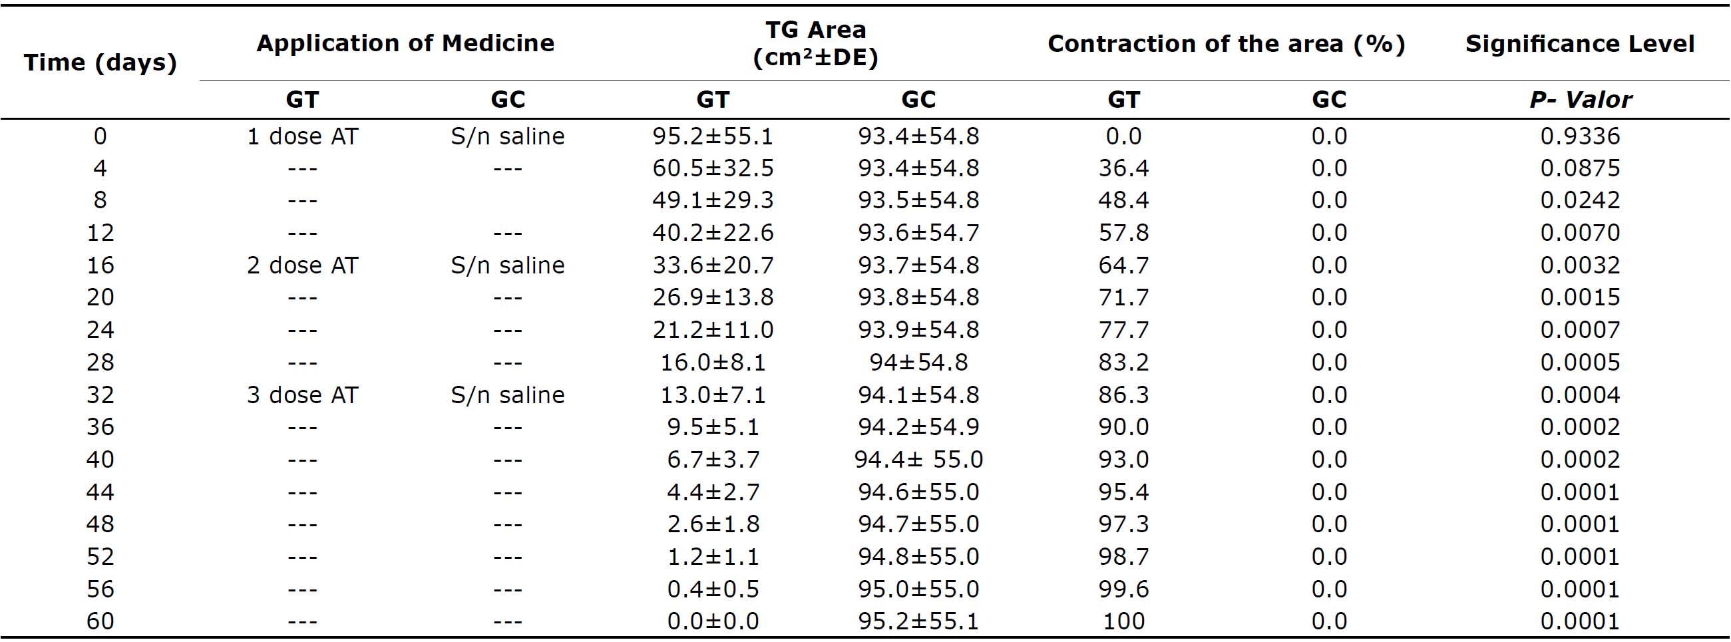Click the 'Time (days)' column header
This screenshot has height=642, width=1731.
100,63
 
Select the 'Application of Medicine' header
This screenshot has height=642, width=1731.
405,43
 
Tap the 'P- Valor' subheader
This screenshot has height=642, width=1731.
1580,99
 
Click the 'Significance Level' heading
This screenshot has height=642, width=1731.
1580,44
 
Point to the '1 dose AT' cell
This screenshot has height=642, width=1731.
302,136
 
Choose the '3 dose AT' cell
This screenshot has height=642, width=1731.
302,395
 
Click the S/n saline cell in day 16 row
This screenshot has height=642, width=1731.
507,265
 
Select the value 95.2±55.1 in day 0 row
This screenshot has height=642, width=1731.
713,136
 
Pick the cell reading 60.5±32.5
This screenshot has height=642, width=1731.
713,168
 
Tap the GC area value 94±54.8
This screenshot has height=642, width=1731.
918,363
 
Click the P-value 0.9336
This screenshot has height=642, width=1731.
1580,136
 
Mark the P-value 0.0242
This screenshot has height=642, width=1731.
1580,200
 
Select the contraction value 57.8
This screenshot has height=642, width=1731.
1123,233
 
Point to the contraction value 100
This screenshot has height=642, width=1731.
1123,621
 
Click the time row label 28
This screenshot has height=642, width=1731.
100,363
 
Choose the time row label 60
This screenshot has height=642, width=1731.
100,621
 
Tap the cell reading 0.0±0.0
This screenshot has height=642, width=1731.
713,621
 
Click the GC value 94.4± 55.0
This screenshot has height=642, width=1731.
918,460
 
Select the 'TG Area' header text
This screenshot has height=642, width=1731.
816,30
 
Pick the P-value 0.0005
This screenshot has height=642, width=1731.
1580,363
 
